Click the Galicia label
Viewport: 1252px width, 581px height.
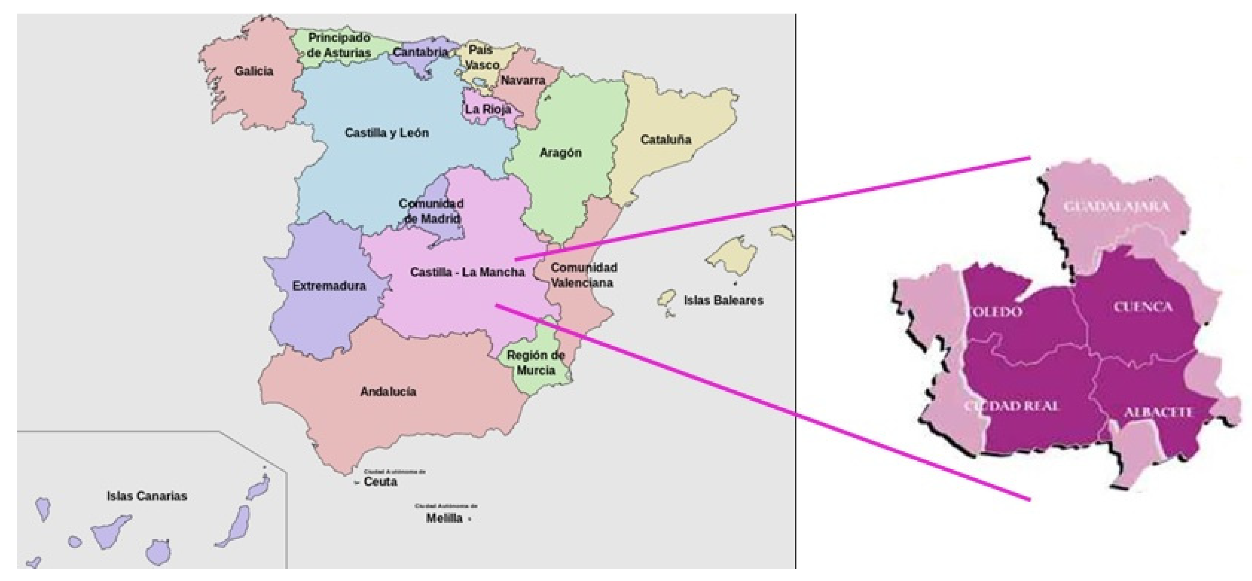pos(254,71)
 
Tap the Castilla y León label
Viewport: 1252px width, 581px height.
pos(387,133)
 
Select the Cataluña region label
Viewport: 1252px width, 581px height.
pos(665,140)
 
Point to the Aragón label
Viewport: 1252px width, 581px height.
pos(560,153)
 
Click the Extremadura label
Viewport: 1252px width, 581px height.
pos(329,286)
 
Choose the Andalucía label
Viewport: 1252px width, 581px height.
pos(388,392)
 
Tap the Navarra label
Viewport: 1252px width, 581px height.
pos(523,80)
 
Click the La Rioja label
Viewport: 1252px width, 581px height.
pos(488,109)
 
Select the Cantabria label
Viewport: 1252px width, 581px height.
pos(420,52)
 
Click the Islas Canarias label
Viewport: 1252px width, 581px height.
pos(147,496)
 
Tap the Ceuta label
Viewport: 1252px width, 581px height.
pos(380,482)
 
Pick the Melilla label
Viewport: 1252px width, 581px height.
pos(444,518)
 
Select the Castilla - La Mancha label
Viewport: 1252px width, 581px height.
pos(468,272)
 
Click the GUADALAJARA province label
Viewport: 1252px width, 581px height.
pos(1116,207)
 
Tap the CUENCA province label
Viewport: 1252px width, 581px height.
pos(1143,307)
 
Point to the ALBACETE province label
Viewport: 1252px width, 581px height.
pos(1159,412)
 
